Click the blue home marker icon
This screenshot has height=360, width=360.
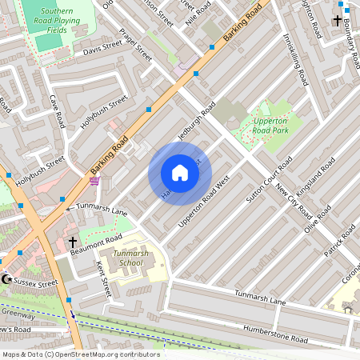tap(179, 173)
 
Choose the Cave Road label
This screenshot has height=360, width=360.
tap(56, 112)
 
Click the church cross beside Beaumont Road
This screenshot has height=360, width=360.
tap(72, 241)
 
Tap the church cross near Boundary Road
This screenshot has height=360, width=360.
tap(338, 20)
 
